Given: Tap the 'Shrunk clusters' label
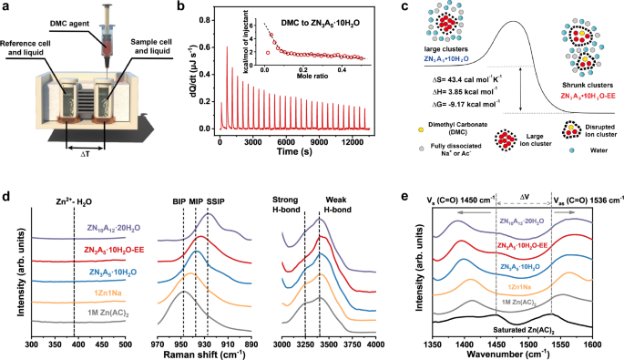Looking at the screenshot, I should click(580, 86).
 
